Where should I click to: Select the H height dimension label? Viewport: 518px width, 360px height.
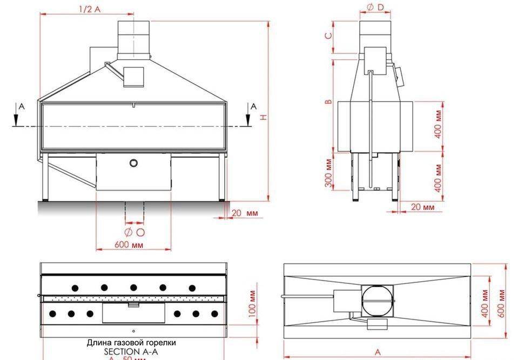coord(263,118)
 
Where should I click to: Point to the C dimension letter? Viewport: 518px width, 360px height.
coord(328,37)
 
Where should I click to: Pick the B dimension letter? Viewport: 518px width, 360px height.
coord(328,102)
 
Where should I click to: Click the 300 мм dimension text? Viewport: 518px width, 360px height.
coord(328,173)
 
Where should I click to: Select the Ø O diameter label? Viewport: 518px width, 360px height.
coord(134,233)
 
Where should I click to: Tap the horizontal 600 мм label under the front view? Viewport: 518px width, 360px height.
coord(129,244)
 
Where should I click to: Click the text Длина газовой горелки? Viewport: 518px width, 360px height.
coord(131,343)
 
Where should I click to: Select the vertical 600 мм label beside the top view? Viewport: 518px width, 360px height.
coord(502,303)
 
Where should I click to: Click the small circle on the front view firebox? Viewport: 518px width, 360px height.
coord(133,163)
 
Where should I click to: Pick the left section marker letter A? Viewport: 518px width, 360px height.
coord(22,107)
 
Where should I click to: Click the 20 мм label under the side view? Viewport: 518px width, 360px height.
coord(423,207)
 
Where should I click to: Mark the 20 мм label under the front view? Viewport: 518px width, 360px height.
coord(245,214)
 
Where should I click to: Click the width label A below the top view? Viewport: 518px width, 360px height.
coord(378,352)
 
